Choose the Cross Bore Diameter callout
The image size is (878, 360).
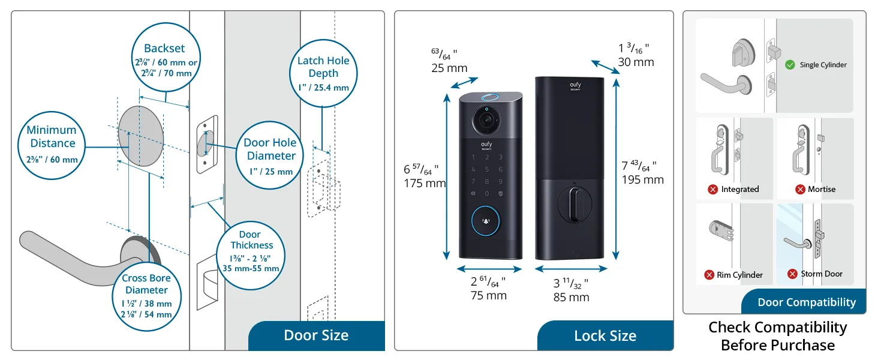[x=146, y=294]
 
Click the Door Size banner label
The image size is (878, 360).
[x=316, y=335]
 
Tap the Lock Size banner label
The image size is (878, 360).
[x=605, y=335]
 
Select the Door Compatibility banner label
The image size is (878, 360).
[x=806, y=302]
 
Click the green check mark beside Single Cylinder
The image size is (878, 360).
[x=790, y=64]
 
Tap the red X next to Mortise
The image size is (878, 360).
[x=799, y=189]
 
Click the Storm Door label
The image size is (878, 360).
[x=822, y=274]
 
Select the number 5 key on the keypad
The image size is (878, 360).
[x=486, y=169]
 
